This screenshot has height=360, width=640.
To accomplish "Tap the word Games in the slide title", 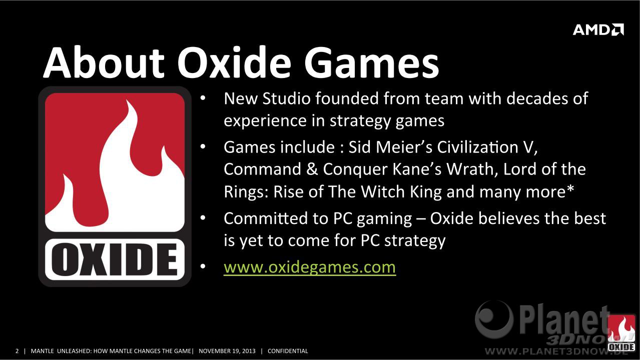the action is (371, 62).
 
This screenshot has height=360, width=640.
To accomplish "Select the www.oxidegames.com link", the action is (310, 267).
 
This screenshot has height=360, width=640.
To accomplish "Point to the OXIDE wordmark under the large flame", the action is (115, 259).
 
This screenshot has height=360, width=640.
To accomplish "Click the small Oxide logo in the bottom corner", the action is (621, 333).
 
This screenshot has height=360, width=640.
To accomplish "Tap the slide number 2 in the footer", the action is (17, 351).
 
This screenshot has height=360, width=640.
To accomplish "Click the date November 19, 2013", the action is (227, 351).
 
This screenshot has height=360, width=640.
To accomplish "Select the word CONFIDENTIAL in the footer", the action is (288, 351).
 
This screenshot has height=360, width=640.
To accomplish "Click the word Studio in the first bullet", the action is (287, 98).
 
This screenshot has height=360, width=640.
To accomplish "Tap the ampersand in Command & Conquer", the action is (312, 169).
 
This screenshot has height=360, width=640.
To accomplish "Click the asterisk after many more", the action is (570, 188).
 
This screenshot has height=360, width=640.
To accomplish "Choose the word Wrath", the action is (470, 169).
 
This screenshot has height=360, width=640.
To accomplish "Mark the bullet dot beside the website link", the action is (203, 266).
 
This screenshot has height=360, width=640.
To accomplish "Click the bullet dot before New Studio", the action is (203, 98).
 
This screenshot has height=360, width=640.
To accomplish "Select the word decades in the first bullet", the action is (537, 98).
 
